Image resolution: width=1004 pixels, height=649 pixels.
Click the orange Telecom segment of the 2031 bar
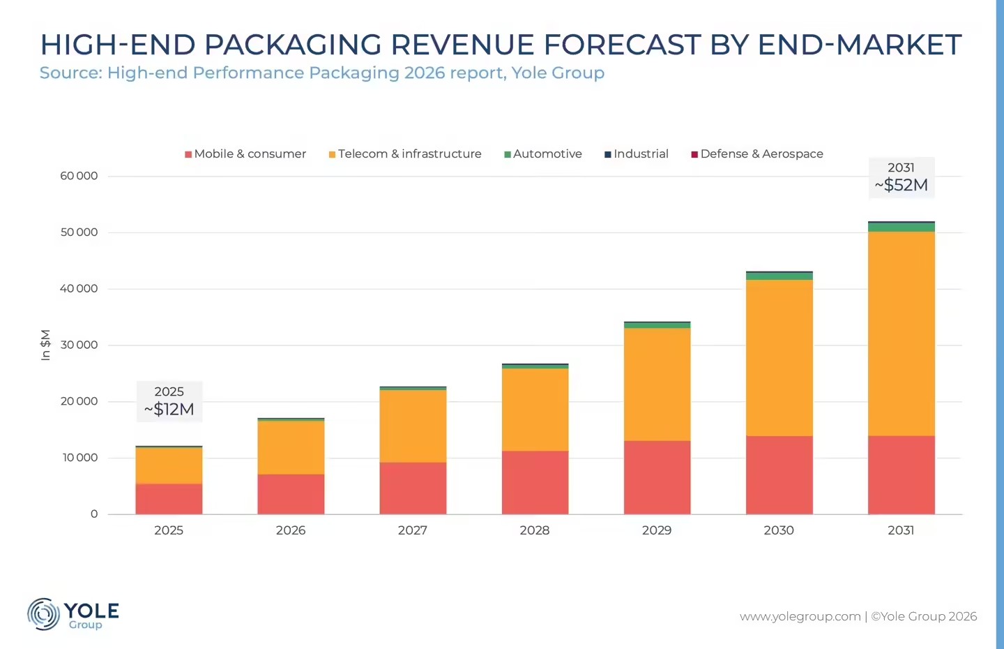902,334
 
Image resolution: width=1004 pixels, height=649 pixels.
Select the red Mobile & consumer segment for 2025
169,499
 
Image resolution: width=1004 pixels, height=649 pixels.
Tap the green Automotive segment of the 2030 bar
779,276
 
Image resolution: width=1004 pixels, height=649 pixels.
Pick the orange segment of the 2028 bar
535,410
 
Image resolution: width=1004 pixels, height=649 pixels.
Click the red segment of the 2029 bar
657,477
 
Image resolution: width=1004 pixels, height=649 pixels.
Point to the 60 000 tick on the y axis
79,176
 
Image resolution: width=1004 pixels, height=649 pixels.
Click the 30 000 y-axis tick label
79,345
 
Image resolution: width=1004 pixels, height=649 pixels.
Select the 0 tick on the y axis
94,514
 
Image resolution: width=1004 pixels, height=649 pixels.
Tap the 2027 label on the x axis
413,530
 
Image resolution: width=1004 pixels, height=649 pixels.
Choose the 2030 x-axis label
779,530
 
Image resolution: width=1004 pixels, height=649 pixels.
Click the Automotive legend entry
542,154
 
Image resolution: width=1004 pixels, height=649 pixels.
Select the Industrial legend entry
637,154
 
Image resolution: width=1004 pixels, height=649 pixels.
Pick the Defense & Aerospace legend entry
757,154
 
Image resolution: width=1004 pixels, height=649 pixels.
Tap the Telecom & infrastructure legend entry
405,154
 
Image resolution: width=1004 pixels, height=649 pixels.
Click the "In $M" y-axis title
46,345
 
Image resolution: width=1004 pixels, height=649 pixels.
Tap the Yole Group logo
73,614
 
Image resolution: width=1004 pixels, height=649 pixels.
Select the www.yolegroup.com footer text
800,617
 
